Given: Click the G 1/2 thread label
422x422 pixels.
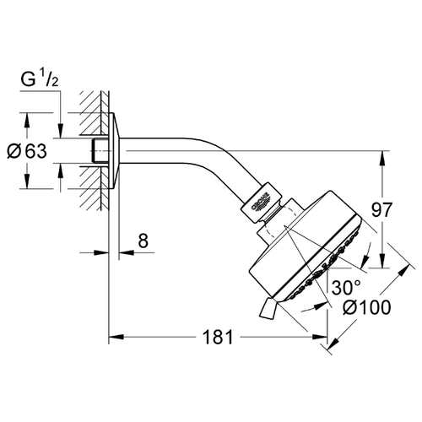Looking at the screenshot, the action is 40,79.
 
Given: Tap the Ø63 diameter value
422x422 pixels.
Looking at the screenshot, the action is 27,151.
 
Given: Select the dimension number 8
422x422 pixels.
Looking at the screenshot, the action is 143,241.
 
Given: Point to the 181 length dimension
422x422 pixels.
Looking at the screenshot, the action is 218,337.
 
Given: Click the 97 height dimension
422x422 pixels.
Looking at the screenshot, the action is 381,209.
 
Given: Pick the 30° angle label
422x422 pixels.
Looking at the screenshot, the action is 346,288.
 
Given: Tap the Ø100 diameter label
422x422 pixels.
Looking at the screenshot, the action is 367,306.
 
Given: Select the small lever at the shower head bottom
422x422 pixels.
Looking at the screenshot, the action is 268,308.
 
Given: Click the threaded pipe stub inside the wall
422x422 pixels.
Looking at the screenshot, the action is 100,150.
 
